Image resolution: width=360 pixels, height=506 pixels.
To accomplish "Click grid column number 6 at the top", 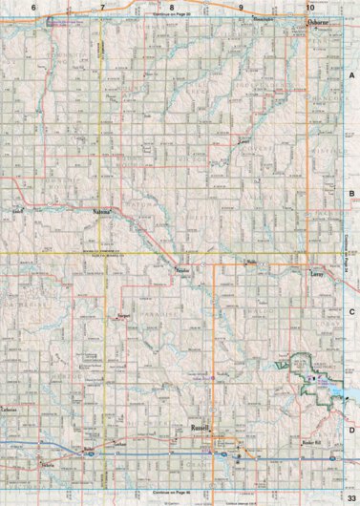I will click(x=34, y=7).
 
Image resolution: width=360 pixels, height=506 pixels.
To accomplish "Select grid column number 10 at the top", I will click(x=309, y=7).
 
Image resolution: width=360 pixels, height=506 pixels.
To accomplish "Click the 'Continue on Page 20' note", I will click(x=172, y=15).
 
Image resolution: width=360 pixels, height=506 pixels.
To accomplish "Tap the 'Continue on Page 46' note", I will click(x=172, y=491).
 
